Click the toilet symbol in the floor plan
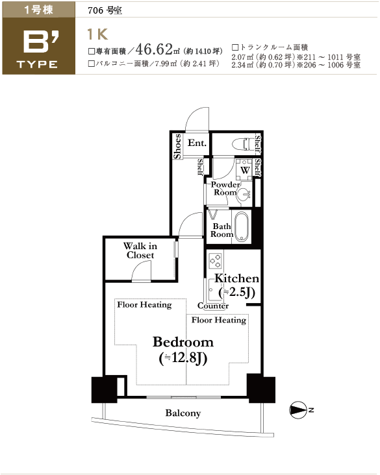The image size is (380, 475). click(x=244, y=143)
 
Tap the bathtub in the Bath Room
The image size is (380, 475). click(x=242, y=226)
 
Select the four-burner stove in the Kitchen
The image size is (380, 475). click(x=215, y=260)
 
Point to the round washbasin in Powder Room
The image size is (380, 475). click(x=244, y=195)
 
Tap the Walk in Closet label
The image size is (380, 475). click(x=140, y=250)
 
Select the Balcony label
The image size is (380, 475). click(x=183, y=413)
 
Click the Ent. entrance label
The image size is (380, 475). click(x=197, y=143)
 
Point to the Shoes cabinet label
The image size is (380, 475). click(x=177, y=146)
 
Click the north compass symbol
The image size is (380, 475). click(x=298, y=411)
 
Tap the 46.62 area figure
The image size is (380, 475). click(x=154, y=49)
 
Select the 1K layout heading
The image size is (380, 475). click(x=97, y=34)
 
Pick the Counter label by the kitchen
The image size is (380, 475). click(x=213, y=306)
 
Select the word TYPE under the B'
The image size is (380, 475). click(x=37, y=64)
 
